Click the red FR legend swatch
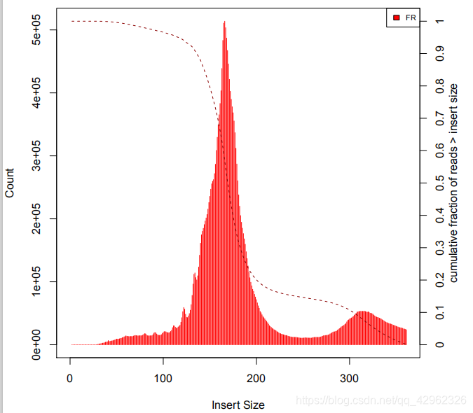point(397,17)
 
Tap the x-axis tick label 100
point(163,379)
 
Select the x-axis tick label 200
point(256,379)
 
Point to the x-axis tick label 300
point(350,379)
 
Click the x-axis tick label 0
point(69,379)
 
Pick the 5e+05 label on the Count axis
point(36,30)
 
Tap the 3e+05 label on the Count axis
point(36,155)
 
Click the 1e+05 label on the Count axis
point(36,281)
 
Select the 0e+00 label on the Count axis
point(36,344)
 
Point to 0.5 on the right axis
point(440,183)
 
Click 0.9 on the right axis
point(440,54)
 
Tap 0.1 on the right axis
point(440,312)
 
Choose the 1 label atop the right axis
point(440,21)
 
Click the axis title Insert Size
point(238,405)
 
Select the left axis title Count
point(10,183)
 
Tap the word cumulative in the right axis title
point(453,260)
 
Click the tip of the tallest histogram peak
point(224,22)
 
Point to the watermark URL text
point(381,400)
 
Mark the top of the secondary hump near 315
point(362,311)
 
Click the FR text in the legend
point(411,17)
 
